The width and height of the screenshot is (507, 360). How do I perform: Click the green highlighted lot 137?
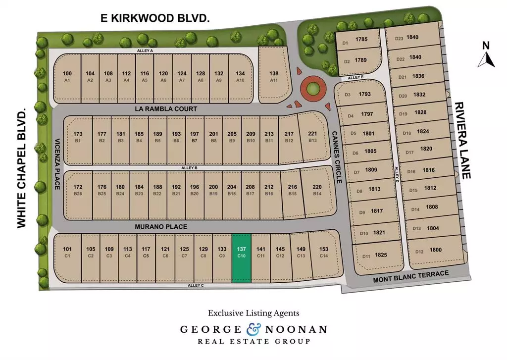242,257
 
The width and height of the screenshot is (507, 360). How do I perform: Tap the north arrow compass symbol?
486,56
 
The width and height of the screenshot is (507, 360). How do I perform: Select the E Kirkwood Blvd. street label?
154,18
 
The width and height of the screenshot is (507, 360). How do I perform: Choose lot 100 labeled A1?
67,77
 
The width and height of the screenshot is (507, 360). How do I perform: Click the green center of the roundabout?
313,90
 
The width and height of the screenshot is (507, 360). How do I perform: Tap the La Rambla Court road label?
166,109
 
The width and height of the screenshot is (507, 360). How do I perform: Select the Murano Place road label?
161,226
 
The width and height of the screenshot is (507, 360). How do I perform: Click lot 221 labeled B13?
312,138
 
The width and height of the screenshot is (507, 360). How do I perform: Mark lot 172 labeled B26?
78,190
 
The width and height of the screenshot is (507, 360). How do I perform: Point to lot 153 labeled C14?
324,253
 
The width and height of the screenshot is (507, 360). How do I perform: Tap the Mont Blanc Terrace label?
410,277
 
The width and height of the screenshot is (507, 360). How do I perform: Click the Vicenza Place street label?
57,164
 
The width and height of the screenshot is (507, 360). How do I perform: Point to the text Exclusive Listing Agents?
253,313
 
